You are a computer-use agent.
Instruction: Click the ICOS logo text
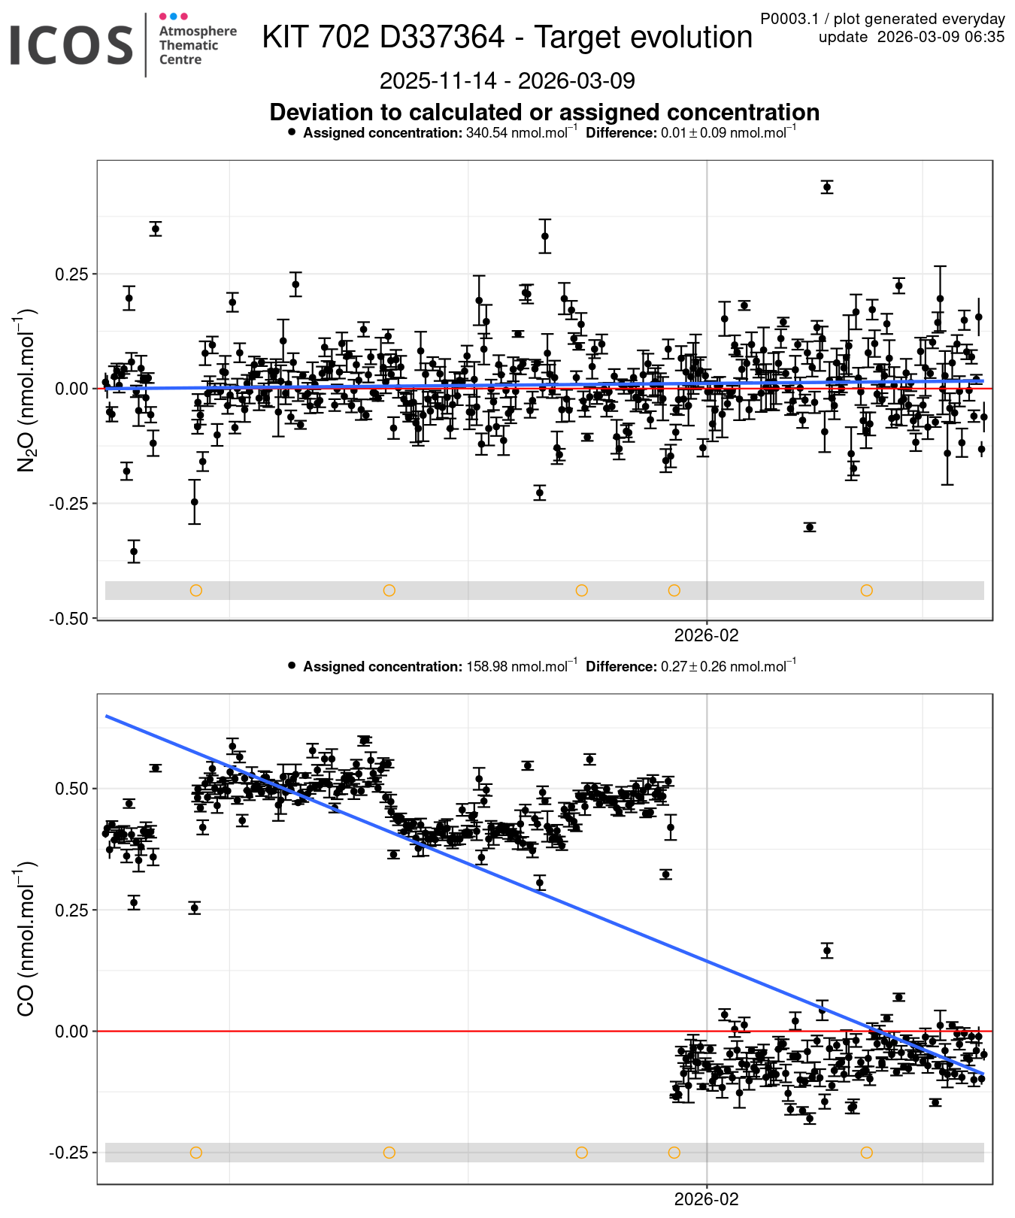point(71,45)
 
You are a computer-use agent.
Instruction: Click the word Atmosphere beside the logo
point(198,31)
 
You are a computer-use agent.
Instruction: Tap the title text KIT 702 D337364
point(383,38)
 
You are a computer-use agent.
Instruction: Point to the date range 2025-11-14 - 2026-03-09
point(507,80)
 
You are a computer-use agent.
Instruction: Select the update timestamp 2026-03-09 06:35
point(941,37)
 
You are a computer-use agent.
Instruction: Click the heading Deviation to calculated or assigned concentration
point(544,112)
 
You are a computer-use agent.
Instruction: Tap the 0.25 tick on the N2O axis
point(71,274)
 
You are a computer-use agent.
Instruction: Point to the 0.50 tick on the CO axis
point(71,789)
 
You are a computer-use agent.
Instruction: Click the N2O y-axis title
point(26,389)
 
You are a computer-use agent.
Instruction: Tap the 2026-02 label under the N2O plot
point(706,636)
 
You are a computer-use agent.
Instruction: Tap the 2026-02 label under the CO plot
point(706,1200)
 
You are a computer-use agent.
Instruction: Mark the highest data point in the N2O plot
point(827,186)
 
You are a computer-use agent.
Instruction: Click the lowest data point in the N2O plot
point(134,551)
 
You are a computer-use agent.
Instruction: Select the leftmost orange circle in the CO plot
point(196,1153)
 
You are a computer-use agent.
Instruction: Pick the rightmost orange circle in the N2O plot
point(866,590)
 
